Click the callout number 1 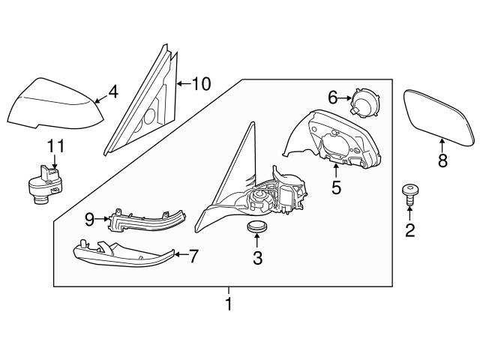[x=229, y=305]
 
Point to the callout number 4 [x=112, y=92]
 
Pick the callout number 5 [x=336, y=187]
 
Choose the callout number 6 [x=333, y=97]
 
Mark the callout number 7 [x=193, y=256]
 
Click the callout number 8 [x=442, y=159]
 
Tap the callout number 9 [x=89, y=219]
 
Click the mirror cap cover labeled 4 [x=52, y=104]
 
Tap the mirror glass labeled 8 [x=439, y=116]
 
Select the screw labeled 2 [x=409, y=195]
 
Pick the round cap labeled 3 [x=257, y=227]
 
